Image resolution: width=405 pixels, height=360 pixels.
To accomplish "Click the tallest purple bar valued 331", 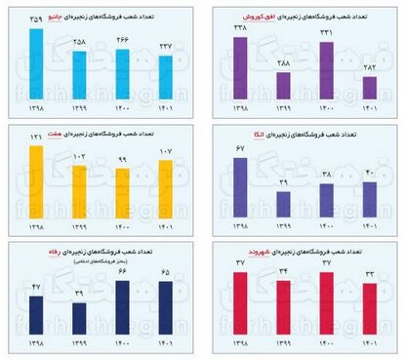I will point(327,69).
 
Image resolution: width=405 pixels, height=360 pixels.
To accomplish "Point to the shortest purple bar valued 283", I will point(369,88).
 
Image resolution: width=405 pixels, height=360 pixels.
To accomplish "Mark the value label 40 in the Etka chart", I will point(369,174).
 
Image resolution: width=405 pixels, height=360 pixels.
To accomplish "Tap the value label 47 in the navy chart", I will point(36,289).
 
